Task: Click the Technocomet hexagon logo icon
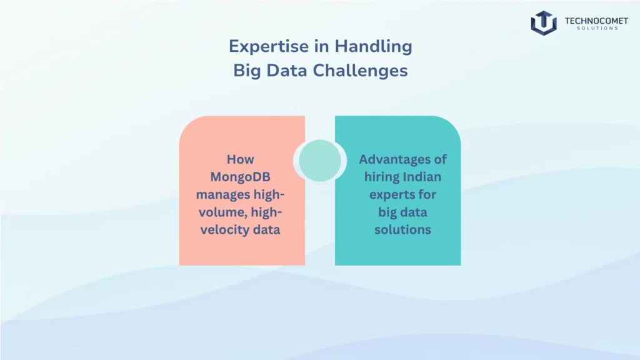[544, 23]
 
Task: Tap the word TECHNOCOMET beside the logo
[596, 21]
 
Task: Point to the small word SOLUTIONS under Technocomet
[597, 28]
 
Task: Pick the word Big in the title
[247, 71]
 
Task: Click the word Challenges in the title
[361, 71]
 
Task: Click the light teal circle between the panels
[320, 161]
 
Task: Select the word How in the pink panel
[241, 159]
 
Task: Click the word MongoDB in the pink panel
[241, 177]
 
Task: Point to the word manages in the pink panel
[223, 195]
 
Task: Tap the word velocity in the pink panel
[225, 229]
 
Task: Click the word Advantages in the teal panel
[394, 159]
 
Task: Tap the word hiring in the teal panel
[382, 177]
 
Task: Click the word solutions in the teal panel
[403, 229]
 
